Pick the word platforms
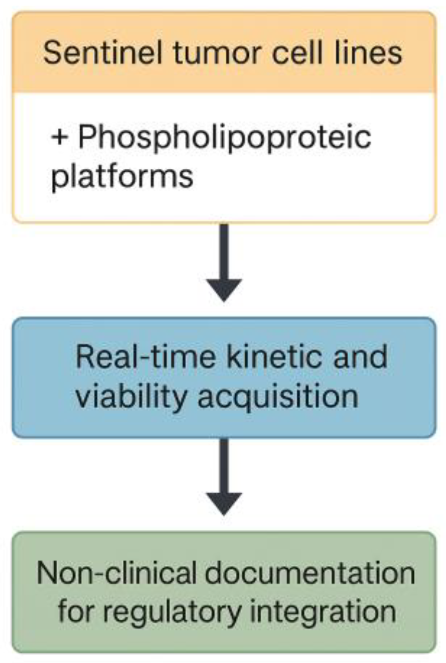pyautogui.click(x=122, y=176)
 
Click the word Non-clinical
pyautogui.click(x=116, y=573)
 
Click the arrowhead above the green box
pyautogui.click(x=224, y=503)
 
